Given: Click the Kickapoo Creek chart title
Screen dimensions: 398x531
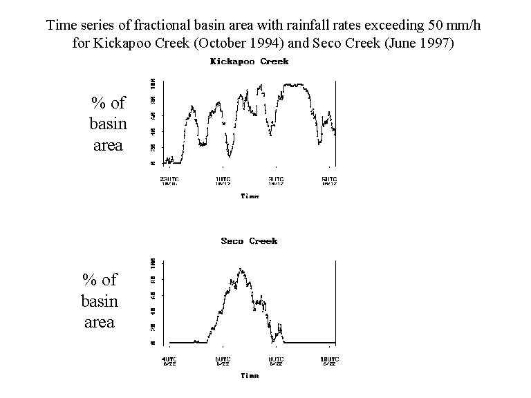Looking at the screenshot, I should pyautogui.click(x=249, y=61).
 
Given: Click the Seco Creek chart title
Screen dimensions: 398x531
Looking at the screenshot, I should pyautogui.click(x=249, y=241).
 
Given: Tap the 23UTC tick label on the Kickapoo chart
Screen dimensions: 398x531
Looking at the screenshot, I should pyautogui.click(x=169, y=180).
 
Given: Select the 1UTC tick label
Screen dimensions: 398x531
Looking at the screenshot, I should pyautogui.click(x=222, y=180).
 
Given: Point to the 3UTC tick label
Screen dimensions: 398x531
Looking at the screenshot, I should pyautogui.click(x=275, y=180).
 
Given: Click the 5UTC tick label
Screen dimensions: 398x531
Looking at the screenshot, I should pyautogui.click(x=329, y=180).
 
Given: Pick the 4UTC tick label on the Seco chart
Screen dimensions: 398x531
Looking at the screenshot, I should pyautogui.click(x=169, y=360).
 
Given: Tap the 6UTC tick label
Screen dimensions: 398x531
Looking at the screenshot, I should pyautogui.click(x=222, y=360).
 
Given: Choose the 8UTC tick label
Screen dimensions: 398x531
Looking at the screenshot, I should pyautogui.click(x=275, y=360).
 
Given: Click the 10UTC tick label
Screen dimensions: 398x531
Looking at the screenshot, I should pyautogui.click(x=328, y=360).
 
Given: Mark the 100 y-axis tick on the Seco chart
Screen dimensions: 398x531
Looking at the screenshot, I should pyautogui.click(x=152, y=263).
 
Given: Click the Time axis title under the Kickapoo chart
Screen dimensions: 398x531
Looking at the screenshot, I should pyautogui.click(x=250, y=196).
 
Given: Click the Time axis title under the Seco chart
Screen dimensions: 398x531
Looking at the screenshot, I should pyautogui.click(x=250, y=376).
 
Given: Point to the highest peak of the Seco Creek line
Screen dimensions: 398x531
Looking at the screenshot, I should pyautogui.click(x=240, y=269).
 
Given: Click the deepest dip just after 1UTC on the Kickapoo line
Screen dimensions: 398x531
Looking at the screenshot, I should pyautogui.click(x=229, y=156).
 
